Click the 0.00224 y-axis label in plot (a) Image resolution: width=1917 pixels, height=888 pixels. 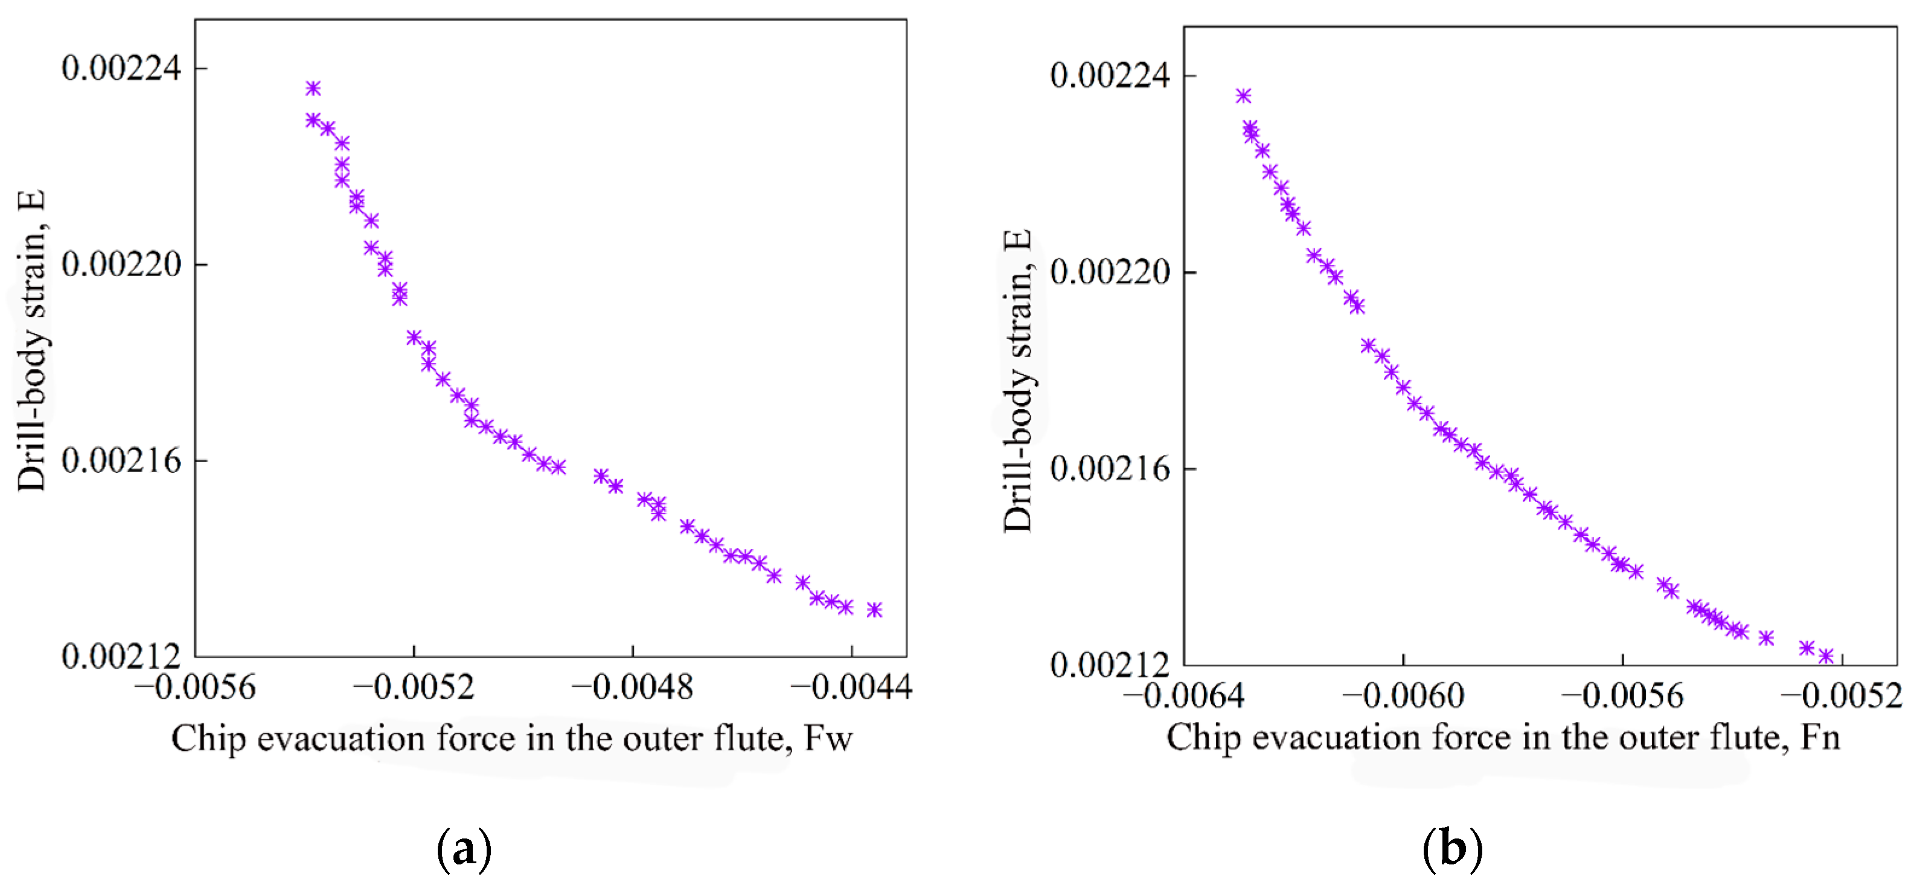click(x=121, y=68)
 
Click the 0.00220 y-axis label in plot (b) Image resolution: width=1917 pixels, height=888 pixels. click(x=1110, y=272)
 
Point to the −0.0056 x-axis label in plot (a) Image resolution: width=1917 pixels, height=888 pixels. click(x=195, y=687)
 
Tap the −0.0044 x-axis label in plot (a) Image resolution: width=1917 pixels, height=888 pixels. click(x=851, y=687)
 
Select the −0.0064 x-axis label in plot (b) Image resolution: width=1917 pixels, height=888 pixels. click(x=1183, y=696)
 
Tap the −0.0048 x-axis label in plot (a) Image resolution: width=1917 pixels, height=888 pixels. click(x=633, y=687)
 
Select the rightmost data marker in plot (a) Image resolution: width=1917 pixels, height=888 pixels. click(x=874, y=610)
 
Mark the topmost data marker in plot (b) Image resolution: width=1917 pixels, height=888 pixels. click(x=1244, y=96)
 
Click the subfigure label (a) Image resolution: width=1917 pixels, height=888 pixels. click(x=464, y=849)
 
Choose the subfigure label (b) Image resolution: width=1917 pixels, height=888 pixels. click(x=1453, y=849)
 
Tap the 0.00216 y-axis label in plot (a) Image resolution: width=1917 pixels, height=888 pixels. click(x=121, y=461)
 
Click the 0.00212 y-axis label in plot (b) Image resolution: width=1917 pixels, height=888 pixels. click(x=1110, y=664)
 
